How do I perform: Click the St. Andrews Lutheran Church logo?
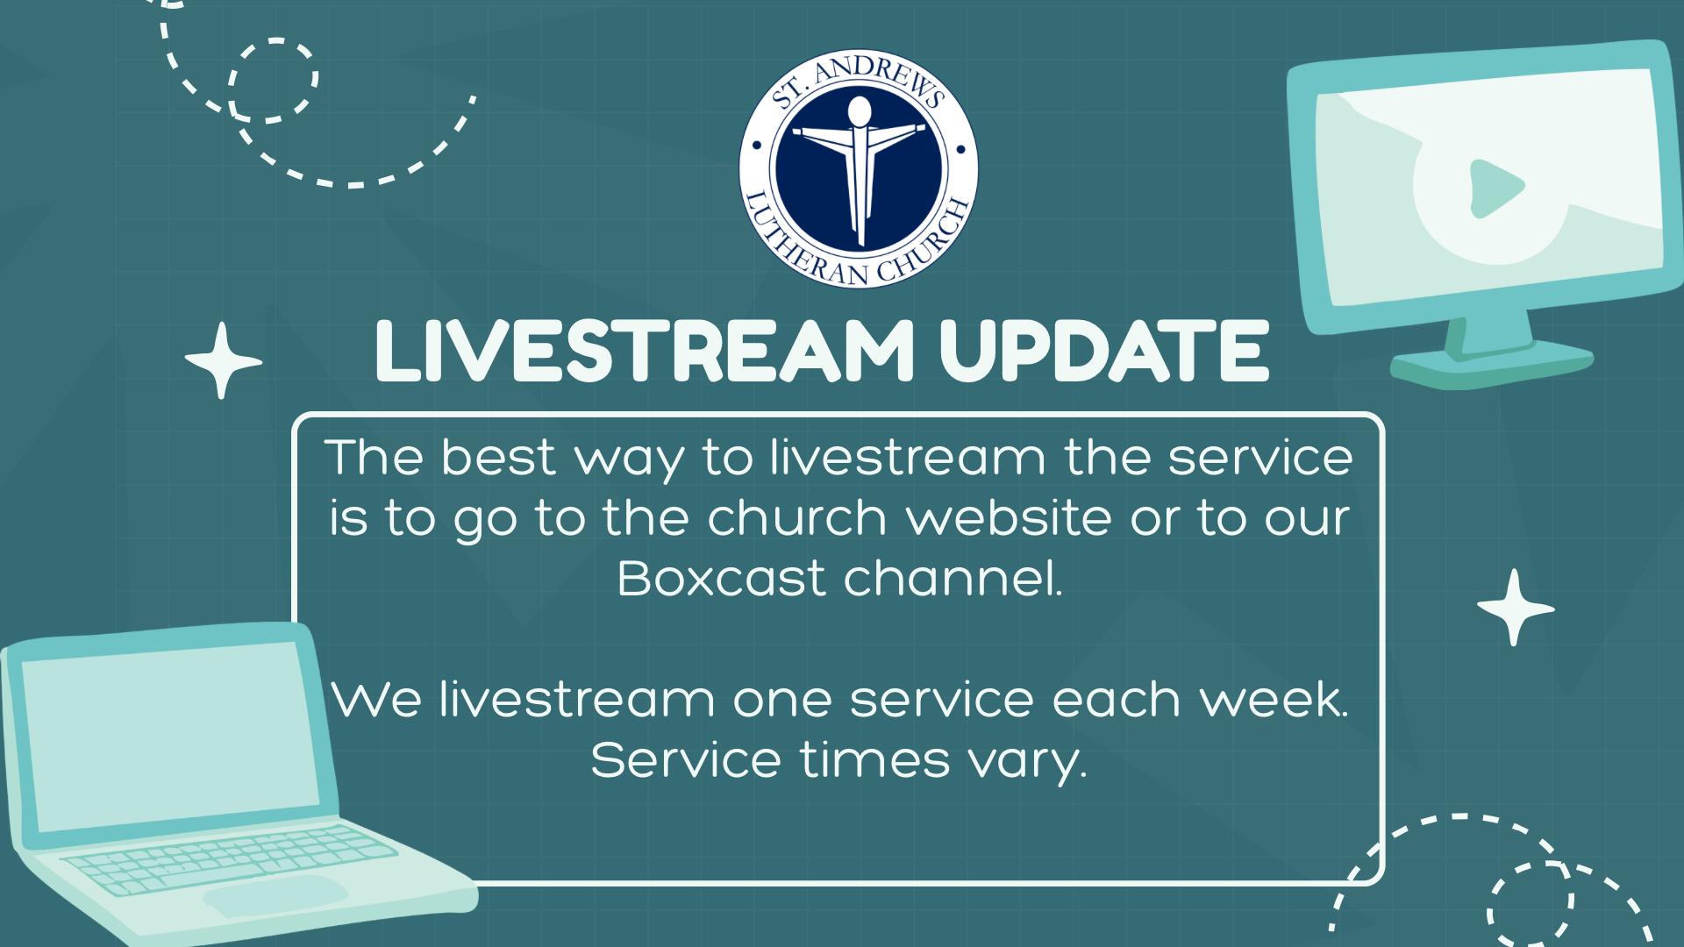tap(859, 167)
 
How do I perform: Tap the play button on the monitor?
tap(1496, 188)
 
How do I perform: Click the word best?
tap(498, 457)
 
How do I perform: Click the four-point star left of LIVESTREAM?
tap(223, 360)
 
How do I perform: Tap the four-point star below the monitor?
tap(1515, 608)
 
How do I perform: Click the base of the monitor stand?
tap(1491, 364)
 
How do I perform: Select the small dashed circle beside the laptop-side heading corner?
tap(273, 80)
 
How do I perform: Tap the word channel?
tap(953, 578)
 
